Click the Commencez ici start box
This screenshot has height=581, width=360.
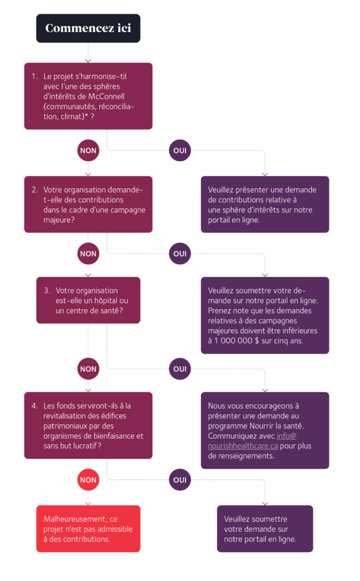[x=88, y=28]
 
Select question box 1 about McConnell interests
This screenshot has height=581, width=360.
[x=88, y=96]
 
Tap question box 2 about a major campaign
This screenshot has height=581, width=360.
[x=88, y=204]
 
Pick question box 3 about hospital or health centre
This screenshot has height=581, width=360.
[x=88, y=300]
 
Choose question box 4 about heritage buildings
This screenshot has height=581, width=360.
[x=88, y=426]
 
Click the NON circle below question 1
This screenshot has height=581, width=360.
[x=88, y=151]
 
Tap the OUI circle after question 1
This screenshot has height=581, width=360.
[x=180, y=151]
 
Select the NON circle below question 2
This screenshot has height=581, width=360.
[x=88, y=254]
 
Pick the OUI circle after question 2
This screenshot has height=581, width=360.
[x=180, y=254]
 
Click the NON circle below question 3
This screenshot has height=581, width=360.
[x=88, y=369]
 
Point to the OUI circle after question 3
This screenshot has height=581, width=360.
[x=180, y=369]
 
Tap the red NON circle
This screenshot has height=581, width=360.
[x=88, y=480]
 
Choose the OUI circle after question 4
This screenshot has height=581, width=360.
[x=180, y=480]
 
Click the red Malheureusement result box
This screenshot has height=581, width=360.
[x=88, y=529]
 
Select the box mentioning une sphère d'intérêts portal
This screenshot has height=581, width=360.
[x=264, y=204]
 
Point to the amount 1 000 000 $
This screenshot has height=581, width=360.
[x=236, y=342]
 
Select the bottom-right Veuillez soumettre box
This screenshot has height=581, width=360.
[x=264, y=529]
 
